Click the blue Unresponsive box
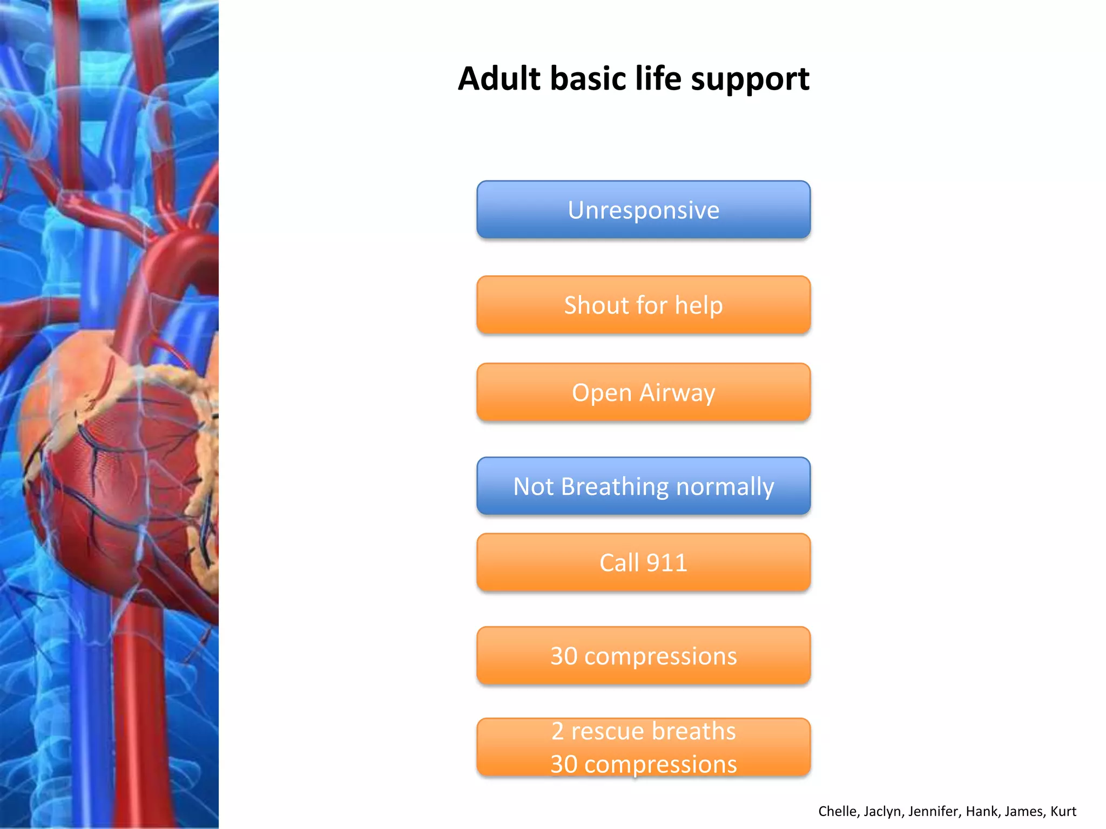click(x=643, y=209)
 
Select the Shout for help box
click(x=643, y=305)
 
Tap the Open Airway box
click(x=643, y=392)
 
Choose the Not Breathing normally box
click(x=643, y=486)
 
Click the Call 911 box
click(x=643, y=563)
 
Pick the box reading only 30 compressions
click(x=643, y=656)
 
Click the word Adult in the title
click(x=499, y=79)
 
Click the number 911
click(x=667, y=563)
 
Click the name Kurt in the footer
click(x=1063, y=811)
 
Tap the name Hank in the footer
click(x=982, y=811)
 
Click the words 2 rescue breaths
click(x=643, y=731)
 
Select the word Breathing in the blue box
click(x=615, y=487)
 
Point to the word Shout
click(x=596, y=305)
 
